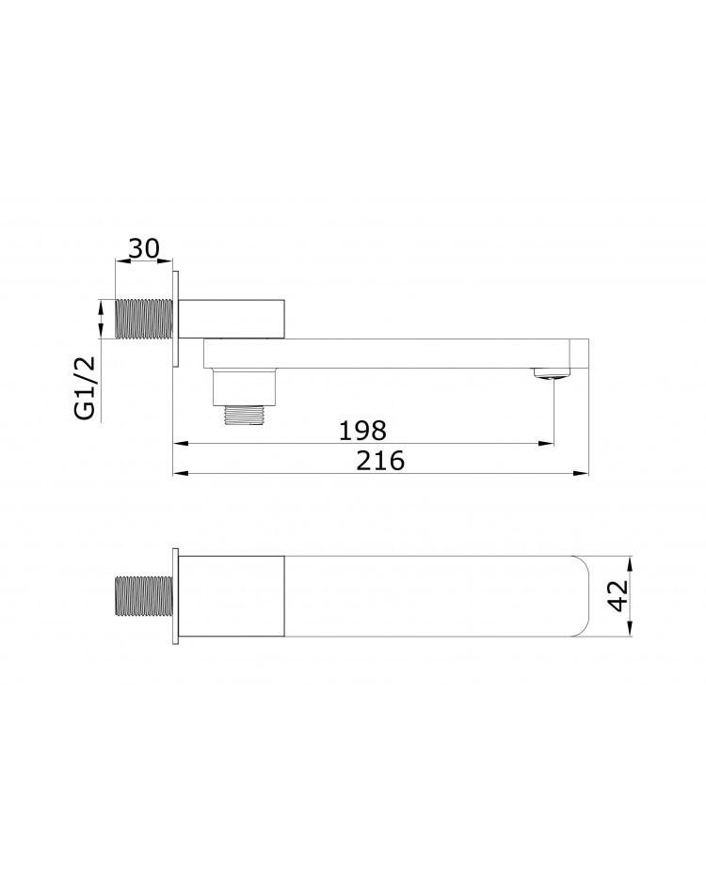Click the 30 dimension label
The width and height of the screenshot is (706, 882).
coord(144,248)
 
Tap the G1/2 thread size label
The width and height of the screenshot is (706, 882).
coord(85,387)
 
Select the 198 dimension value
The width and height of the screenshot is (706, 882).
coord(362,431)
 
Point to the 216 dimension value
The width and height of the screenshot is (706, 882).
coord(380,461)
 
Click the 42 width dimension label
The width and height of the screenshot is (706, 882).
coord(619,596)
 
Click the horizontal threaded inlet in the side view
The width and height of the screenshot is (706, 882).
coord(145,320)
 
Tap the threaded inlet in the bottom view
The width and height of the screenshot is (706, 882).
coord(145,596)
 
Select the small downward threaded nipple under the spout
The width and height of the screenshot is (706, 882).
coord(245,415)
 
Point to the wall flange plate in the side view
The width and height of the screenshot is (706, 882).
coord(176,320)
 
